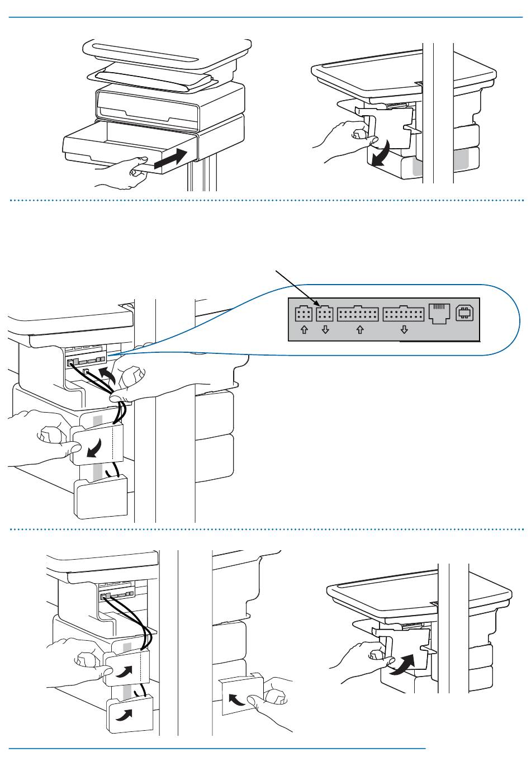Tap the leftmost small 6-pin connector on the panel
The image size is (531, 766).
(x=304, y=313)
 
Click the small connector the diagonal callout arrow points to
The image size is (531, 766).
(x=325, y=313)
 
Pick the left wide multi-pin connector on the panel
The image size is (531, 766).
(x=358, y=313)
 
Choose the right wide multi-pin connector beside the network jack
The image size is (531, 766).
(x=404, y=313)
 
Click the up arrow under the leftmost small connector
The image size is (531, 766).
(x=304, y=330)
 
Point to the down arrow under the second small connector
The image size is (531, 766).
(x=325, y=330)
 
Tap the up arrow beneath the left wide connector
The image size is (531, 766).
(x=359, y=330)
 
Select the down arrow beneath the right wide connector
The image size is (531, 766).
(x=404, y=330)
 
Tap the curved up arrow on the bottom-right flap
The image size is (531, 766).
(x=404, y=664)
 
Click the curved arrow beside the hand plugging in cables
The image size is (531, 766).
(x=107, y=375)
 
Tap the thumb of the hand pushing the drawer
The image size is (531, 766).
(x=137, y=166)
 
